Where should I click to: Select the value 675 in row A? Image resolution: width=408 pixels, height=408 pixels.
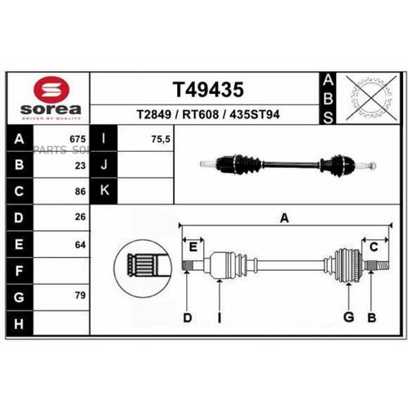(x=78, y=139)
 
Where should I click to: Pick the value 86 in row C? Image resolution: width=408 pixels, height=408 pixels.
(x=80, y=191)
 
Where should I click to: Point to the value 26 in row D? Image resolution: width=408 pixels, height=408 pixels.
(x=80, y=217)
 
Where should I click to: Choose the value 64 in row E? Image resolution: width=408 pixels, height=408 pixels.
(x=80, y=243)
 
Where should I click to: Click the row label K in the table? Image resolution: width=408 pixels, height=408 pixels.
(x=105, y=191)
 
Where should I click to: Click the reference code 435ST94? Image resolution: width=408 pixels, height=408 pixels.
(x=255, y=114)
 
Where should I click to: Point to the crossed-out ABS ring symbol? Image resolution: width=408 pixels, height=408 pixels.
(x=364, y=98)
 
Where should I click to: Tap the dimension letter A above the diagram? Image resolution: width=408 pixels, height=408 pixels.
(x=284, y=219)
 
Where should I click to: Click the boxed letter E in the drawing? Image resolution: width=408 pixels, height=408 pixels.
(x=193, y=247)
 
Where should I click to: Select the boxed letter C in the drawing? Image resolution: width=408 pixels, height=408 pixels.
(x=373, y=247)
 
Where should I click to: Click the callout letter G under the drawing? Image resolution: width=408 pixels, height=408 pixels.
(x=348, y=317)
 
